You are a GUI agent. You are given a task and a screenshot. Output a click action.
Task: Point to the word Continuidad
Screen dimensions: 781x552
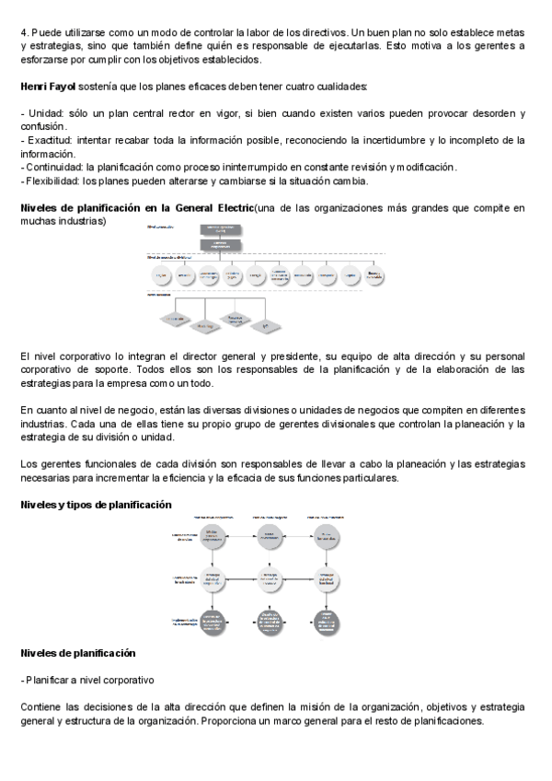(x=53, y=168)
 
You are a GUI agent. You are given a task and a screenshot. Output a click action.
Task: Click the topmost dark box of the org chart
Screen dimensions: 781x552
(x=214, y=229)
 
